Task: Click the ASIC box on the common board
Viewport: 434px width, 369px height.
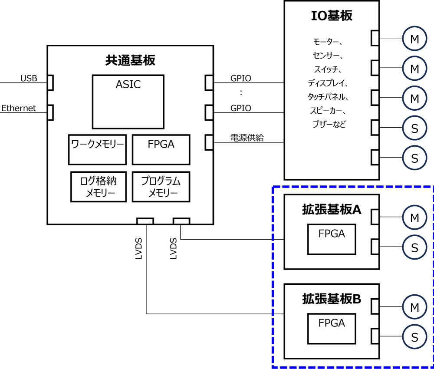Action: pyautogui.click(x=128, y=102)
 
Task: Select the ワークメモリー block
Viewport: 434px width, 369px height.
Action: pyautogui.click(x=97, y=149)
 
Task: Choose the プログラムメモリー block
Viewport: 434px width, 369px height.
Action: pyautogui.click(x=161, y=187)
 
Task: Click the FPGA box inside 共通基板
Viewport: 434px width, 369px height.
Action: pyautogui.click(x=161, y=149)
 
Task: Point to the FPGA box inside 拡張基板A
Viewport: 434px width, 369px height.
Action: pyautogui.click(x=332, y=239)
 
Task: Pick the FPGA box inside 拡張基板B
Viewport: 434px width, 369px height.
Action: pyautogui.click(x=332, y=329)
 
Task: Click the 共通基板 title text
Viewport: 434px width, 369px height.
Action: pyautogui.click(x=130, y=60)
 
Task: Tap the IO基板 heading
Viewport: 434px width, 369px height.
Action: pyautogui.click(x=332, y=16)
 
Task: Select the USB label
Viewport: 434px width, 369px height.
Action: pyautogui.click(x=29, y=79)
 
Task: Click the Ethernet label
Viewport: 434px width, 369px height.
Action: pyautogui.click(x=19, y=108)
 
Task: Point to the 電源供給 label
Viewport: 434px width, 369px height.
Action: pyautogui.click(x=247, y=138)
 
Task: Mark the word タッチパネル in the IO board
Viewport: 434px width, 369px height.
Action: pyautogui.click(x=328, y=96)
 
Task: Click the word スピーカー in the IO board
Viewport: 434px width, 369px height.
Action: pyautogui.click(x=328, y=110)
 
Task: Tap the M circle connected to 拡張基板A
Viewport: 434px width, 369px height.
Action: pyautogui.click(x=414, y=217)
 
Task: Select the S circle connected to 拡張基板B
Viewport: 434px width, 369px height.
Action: pyautogui.click(x=414, y=337)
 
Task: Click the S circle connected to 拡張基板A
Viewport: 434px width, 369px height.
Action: pyautogui.click(x=414, y=247)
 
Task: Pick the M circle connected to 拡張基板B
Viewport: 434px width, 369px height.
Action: pyautogui.click(x=414, y=307)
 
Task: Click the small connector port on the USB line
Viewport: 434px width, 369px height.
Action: pyautogui.click(x=50, y=82)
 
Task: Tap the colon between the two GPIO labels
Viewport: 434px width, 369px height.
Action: pyautogui.click(x=240, y=93)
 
